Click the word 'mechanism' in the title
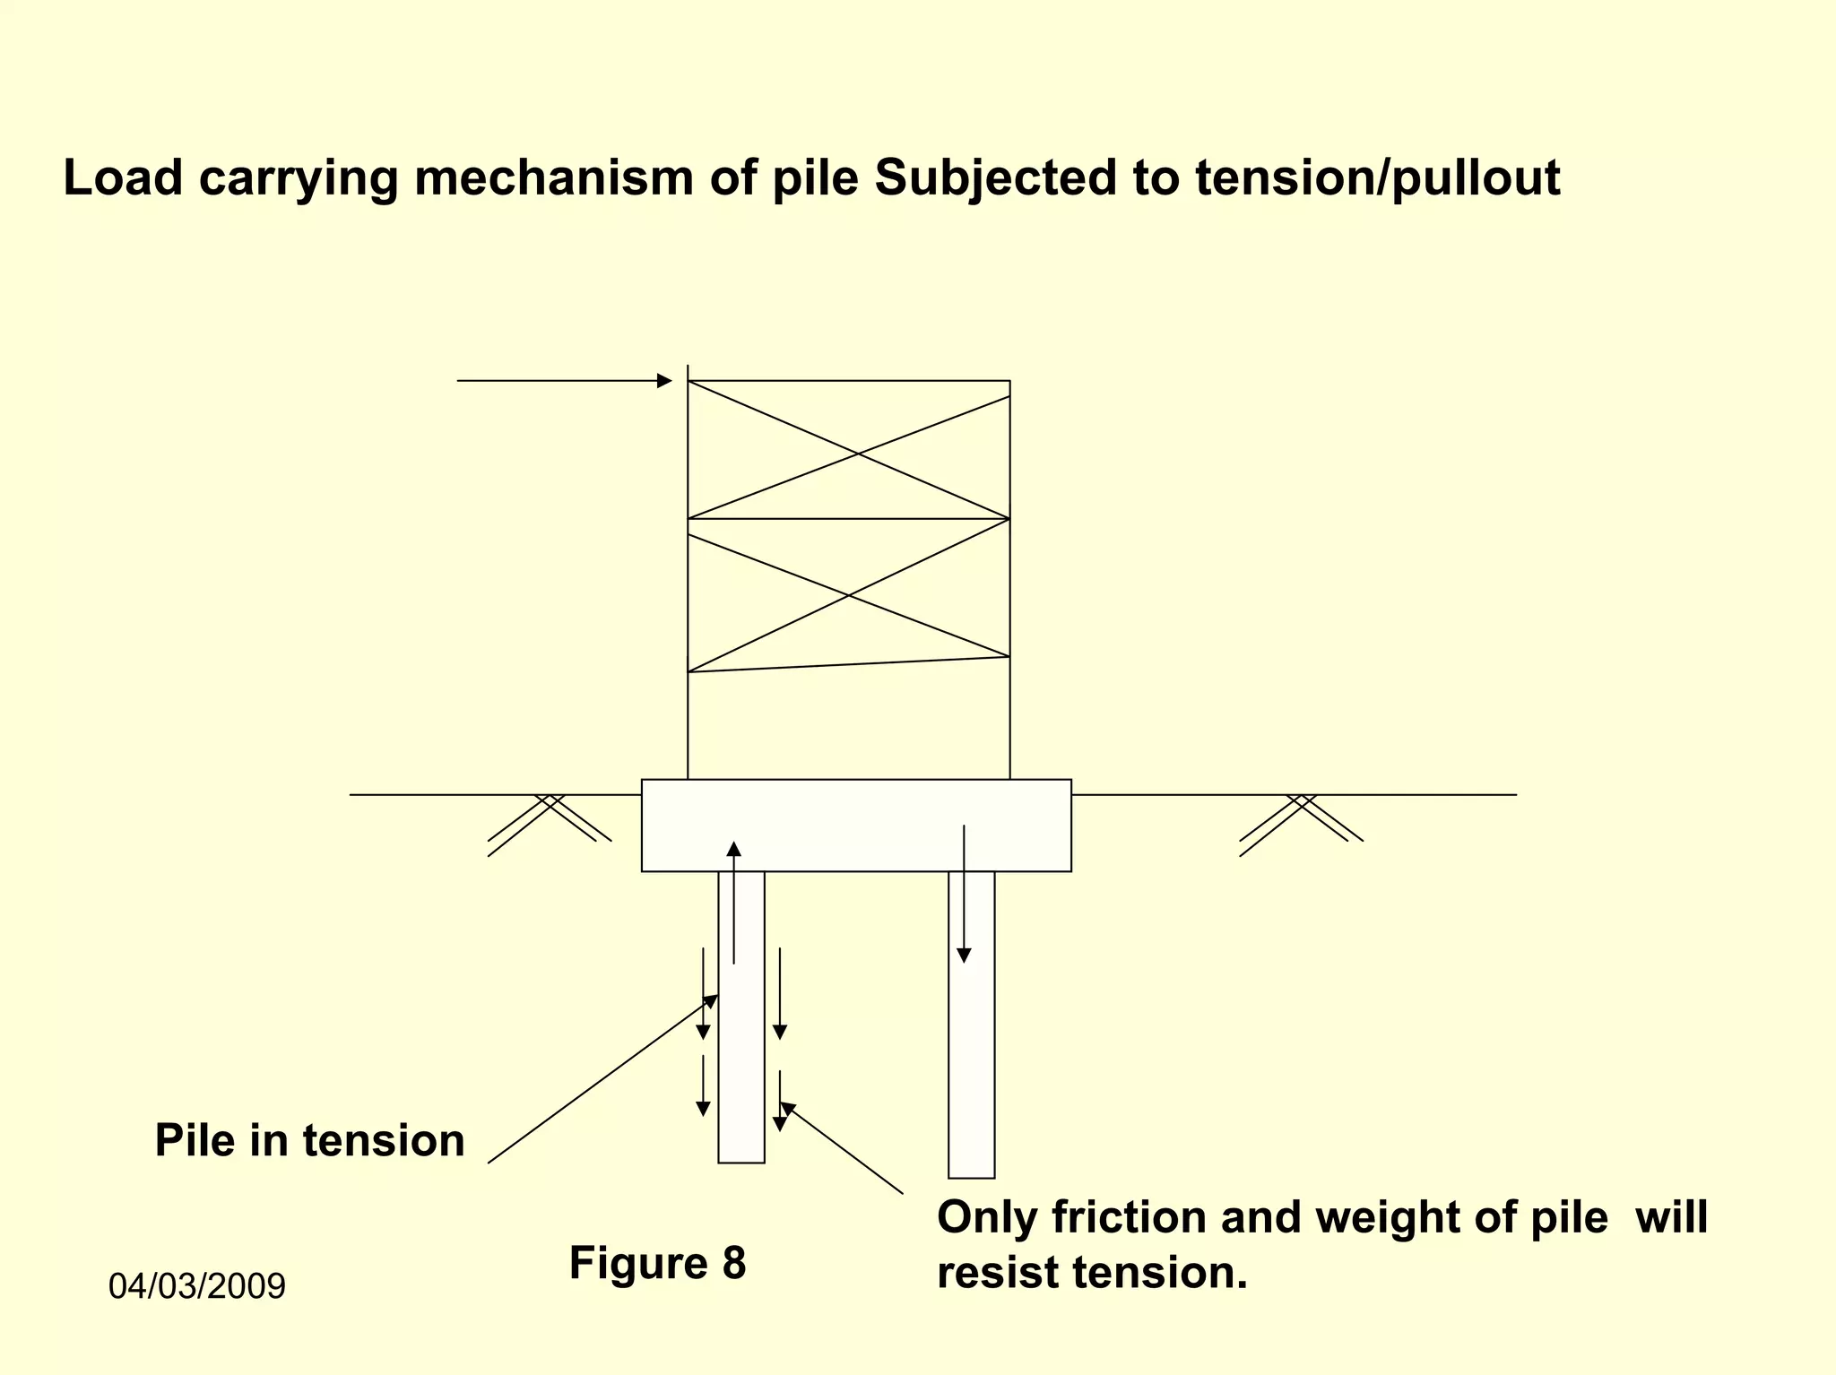(x=553, y=178)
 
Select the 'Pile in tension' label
(x=309, y=1141)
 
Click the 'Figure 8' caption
(x=657, y=1263)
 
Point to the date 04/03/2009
(x=196, y=1286)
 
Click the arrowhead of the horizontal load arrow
(x=664, y=381)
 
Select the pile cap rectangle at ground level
(x=856, y=825)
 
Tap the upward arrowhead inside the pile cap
(x=734, y=848)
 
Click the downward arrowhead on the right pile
(x=964, y=956)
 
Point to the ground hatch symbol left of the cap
(x=550, y=820)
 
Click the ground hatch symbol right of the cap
(x=1301, y=820)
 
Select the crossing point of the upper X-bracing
(x=858, y=454)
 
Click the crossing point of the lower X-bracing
(x=849, y=595)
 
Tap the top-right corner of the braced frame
(x=1009, y=382)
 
